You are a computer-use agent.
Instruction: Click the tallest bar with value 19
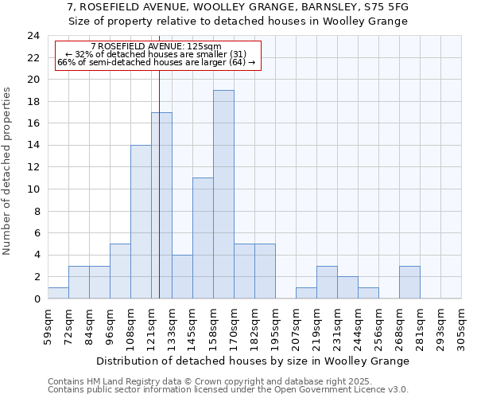click(223, 194)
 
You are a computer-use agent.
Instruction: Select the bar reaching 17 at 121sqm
click(161, 205)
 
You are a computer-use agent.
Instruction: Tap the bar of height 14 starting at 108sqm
click(141, 222)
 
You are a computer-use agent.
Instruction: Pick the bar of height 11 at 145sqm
click(203, 238)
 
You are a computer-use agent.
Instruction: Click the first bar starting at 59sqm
click(58, 293)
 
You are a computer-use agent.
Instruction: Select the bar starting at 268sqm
click(409, 283)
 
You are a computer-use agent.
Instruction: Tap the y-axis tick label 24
click(33, 36)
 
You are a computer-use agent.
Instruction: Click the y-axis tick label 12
click(33, 167)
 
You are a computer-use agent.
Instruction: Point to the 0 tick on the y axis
click(36, 299)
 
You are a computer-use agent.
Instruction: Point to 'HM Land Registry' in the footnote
click(123, 381)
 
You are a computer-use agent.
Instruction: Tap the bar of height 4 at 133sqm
click(182, 277)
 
